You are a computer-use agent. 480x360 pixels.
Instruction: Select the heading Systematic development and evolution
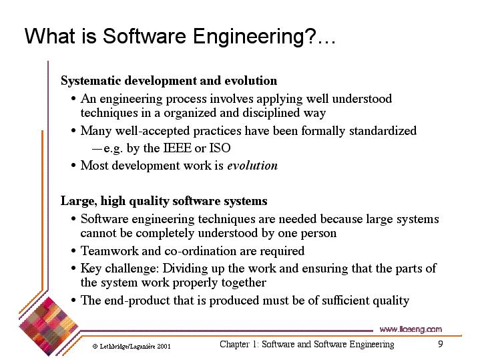click(169, 81)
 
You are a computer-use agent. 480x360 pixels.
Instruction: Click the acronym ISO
click(220, 148)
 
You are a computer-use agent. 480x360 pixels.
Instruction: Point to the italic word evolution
click(252, 166)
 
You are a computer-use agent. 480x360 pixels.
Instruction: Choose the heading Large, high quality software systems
click(164, 201)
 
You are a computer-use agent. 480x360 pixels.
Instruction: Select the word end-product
click(137, 301)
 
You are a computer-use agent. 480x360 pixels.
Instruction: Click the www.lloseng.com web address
click(411, 329)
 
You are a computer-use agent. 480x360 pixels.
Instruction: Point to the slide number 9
click(441, 344)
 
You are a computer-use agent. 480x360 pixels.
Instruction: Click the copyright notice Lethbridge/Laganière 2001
click(132, 347)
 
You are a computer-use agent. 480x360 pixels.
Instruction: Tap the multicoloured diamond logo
click(49, 327)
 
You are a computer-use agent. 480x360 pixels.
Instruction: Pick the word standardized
click(383, 131)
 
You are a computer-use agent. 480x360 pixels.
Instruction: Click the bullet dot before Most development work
click(73, 166)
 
